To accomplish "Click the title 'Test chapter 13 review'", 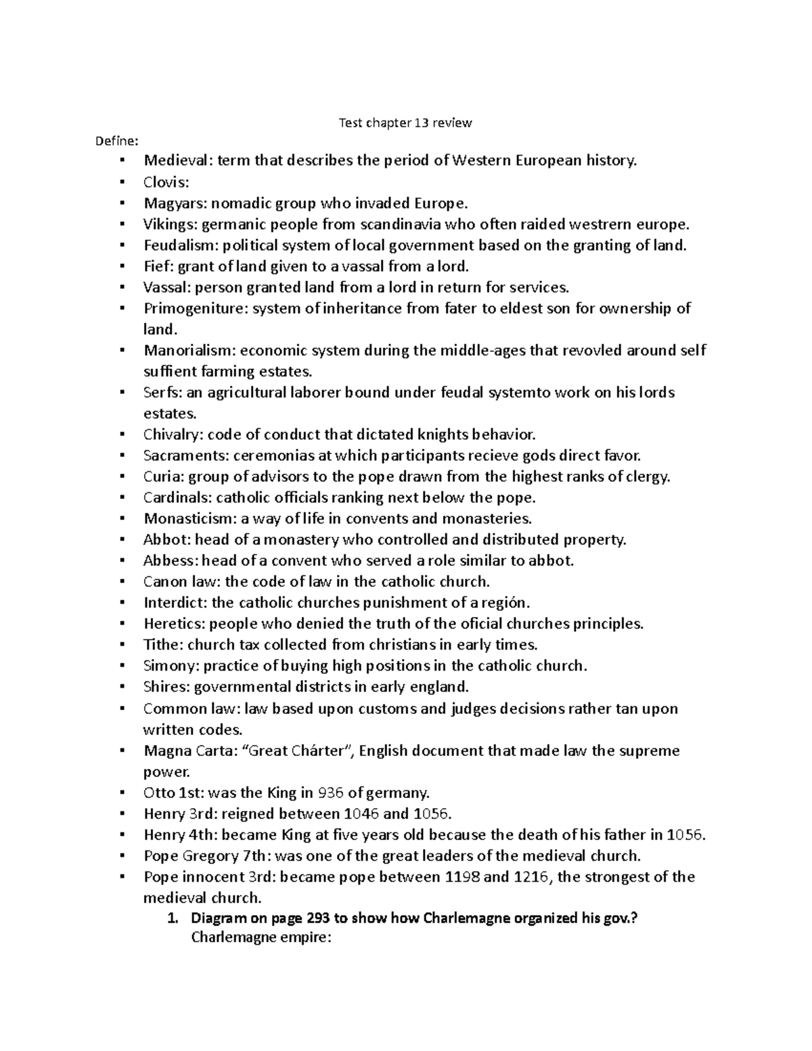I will [x=405, y=122].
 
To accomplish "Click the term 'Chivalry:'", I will [x=173, y=434].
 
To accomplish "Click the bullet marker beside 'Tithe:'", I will [x=122, y=644].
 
